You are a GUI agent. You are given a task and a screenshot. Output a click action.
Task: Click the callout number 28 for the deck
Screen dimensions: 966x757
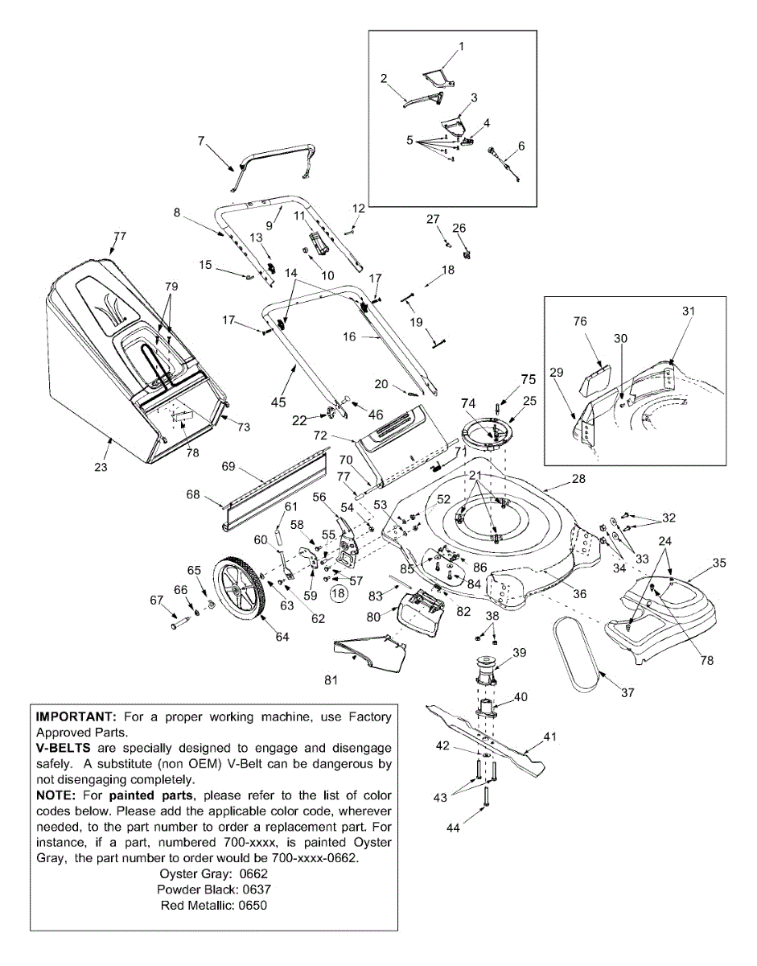click(578, 479)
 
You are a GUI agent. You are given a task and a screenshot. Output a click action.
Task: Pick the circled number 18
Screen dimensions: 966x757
click(339, 593)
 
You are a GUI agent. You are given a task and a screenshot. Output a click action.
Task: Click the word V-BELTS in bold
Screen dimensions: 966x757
click(65, 748)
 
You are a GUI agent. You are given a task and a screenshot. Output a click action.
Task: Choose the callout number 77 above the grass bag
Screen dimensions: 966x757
click(120, 237)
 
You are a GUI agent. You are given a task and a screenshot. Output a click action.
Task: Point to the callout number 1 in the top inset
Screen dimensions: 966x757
click(462, 47)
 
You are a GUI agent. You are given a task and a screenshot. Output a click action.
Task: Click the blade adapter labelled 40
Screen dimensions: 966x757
click(488, 708)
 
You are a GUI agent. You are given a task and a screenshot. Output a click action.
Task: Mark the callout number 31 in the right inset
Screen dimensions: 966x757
click(688, 311)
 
